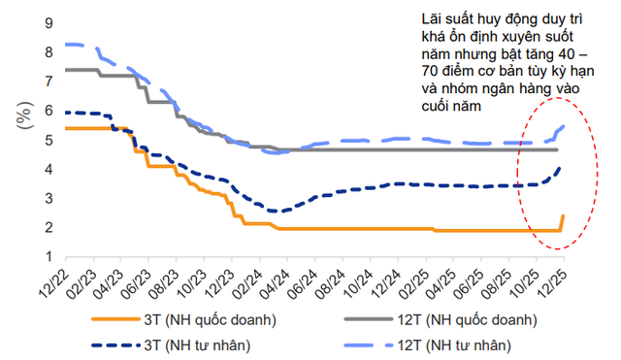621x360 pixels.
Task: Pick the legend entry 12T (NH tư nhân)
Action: pyautogui.click(x=447, y=344)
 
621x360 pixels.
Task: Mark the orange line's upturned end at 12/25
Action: pyautogui.click(x=564, y=216)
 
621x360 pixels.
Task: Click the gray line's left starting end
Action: pyautogui.click(x=65, y=70)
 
